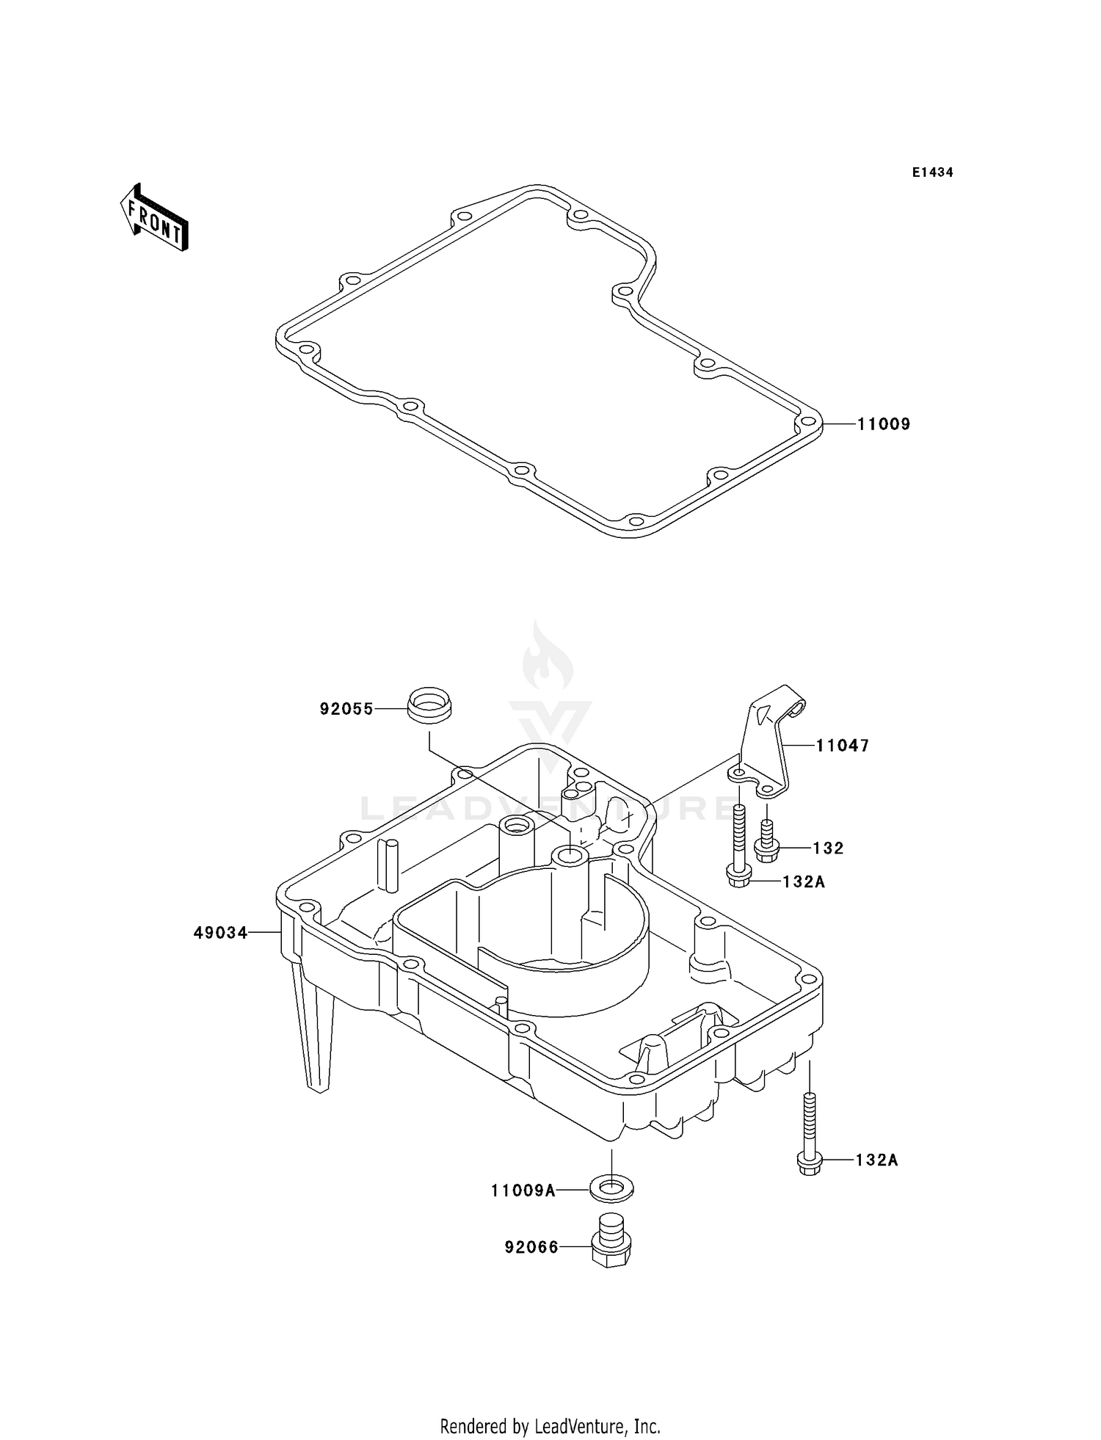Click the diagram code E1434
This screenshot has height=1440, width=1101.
coord(932,172)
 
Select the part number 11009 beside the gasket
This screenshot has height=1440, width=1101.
coord(884,424)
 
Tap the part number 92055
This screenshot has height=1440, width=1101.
coord(346,709)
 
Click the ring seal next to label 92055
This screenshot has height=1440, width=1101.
coord(429,705)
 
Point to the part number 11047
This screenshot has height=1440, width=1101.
coord(843,746)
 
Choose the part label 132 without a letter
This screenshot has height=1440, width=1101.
coord(829,848)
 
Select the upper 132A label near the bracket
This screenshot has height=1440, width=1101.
coord(804,881)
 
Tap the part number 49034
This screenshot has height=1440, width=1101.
coord(220,933)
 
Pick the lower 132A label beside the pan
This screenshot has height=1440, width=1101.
coord(876,1160)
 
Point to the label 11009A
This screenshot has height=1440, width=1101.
coord(523,1190)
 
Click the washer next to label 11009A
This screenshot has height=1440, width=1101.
coord(611,1188)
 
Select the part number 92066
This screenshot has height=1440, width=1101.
coord(531,1247)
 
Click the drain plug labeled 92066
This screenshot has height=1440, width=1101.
coord(611,1243)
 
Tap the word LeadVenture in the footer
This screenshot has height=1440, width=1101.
coord(579,1426)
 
